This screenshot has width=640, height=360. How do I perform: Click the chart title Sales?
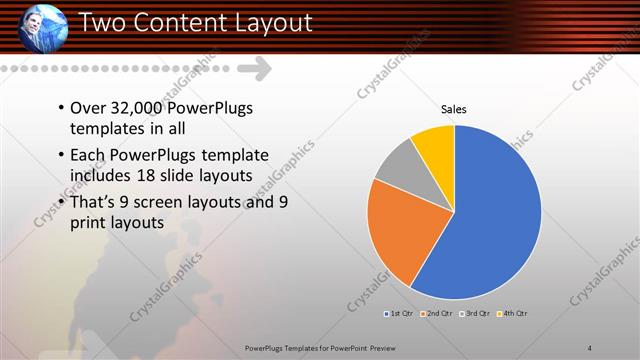click(454, 110)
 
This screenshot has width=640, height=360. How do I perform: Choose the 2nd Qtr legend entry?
click(438, 314)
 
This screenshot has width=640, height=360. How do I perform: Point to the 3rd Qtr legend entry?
click(474, 314)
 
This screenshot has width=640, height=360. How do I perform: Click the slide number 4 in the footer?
click(590, 348)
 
